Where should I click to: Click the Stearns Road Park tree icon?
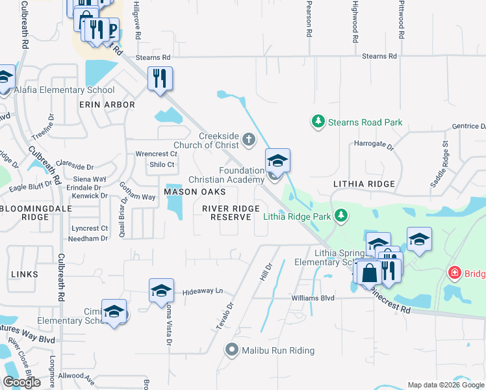click(x=318, y=122)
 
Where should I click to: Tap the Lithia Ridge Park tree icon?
click(x=340, y=216)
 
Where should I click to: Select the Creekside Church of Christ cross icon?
click(x=248, y=138)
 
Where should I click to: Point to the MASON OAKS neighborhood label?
click(x=195, y=192)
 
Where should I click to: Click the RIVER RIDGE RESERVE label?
click(x=231, y=213)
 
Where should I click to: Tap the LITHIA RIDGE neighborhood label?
click(x=364, y=184)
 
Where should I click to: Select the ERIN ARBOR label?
click(x=107, y=104)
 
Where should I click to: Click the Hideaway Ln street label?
click(x=202, y=291)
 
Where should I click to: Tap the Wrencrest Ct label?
click(x=156, y=154)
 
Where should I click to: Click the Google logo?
click(x=22, y=382)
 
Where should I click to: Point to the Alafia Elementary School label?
click(x=64, y=90)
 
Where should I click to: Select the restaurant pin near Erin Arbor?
click(x=159, y=79)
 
